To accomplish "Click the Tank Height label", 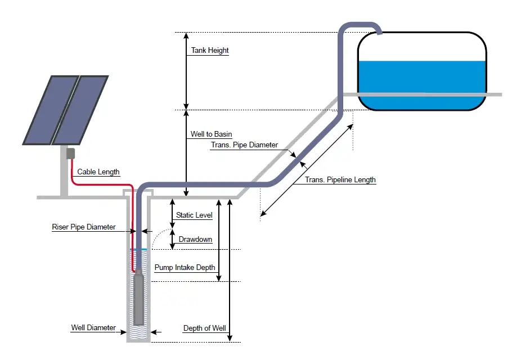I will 210,51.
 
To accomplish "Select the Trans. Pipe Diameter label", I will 244,145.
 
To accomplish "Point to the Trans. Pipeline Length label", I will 340,180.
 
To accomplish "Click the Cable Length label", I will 98,172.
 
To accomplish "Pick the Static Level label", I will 194,215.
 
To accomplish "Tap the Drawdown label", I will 195,240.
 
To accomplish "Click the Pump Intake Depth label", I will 185,268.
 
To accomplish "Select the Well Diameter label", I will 93,328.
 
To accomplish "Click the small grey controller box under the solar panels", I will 70,154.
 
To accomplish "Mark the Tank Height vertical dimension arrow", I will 187,71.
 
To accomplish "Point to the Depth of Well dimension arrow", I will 230,270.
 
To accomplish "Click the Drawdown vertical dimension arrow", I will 173,238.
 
